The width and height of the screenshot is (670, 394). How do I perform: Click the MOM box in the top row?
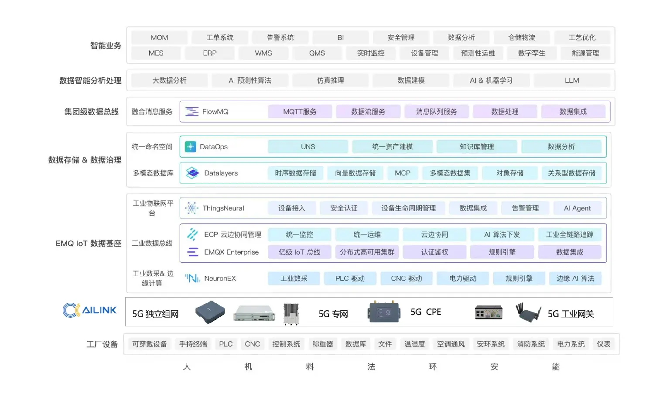click(159, 38)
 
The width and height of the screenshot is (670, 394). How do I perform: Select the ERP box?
click(210, 53)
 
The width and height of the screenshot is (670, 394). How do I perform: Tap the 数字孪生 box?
click(532, 53)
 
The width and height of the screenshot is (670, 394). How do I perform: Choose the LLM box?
click(572, 80)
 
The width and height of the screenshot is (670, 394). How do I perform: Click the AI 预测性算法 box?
click(250, 80)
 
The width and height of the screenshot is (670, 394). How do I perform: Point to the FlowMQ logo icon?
click(192, 112)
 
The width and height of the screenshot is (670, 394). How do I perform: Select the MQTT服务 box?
click(300, 112)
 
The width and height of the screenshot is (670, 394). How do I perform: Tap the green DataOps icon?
click(191, 147)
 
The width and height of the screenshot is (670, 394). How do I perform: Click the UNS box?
click(308, 147)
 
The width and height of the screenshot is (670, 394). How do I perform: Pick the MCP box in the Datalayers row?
click(403, 173)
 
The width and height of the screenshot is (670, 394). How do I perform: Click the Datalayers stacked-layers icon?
click(192, 173)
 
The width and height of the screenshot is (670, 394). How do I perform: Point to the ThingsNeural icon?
click(192, 208)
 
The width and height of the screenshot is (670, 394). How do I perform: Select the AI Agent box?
click(577, 208)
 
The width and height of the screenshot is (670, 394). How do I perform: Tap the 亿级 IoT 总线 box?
click(299, 252)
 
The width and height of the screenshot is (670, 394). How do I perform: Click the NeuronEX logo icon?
click(192, 278)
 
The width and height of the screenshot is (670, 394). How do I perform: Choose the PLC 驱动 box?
click(350, 278)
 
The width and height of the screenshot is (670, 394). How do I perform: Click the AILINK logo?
click(89, 310)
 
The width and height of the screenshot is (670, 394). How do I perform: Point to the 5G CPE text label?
click(426, 312)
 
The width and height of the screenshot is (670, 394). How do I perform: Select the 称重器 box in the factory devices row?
click(323, 344)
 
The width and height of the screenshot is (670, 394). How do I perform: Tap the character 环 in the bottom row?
click(433, 367)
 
